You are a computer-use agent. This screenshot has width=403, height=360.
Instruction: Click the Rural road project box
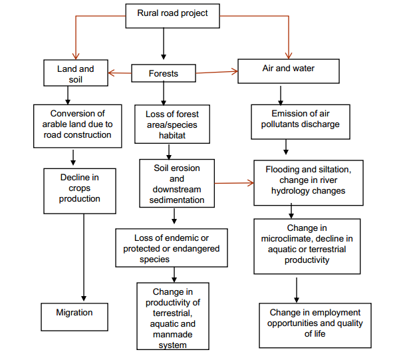tap(172, 14)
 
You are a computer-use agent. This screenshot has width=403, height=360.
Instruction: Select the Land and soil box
tap(75, 74)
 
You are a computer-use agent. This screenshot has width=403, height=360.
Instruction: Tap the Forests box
tap(164, 73)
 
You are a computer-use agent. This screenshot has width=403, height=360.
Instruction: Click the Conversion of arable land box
tap(77, 124)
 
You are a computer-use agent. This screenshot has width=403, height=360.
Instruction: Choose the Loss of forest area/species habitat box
tap(172, 124)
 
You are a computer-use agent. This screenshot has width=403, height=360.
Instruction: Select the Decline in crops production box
tap(79, 189)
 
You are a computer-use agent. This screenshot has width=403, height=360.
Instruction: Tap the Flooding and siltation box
tap(307, 181)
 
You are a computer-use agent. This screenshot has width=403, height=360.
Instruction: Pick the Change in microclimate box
tap(307, 246)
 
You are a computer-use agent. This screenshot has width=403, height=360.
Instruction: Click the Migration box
tap(74, 313)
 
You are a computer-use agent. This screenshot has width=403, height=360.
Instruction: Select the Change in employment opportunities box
tap(315, 323)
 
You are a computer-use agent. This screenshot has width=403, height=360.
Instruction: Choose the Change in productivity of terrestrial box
tap(173, 316)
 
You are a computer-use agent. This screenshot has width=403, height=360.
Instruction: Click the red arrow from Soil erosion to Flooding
tap(233, 182)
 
